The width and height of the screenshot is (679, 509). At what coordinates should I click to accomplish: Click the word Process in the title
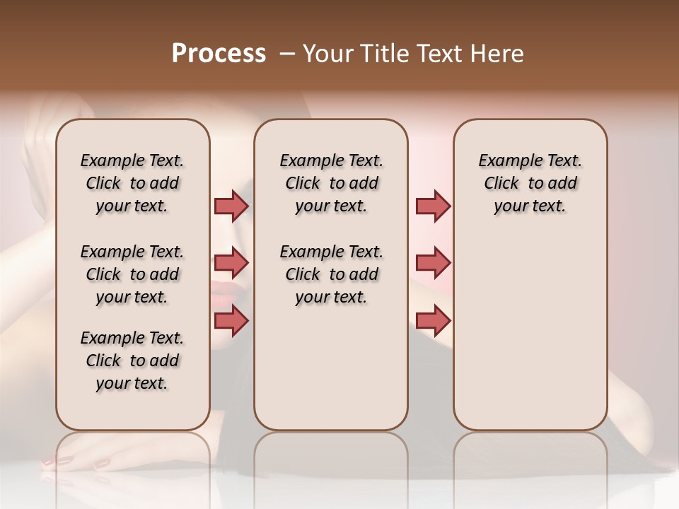coord(219,54)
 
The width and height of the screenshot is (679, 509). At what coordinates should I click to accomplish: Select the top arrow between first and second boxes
coord(231,206)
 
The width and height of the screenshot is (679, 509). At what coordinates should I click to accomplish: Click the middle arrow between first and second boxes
coord(231,263)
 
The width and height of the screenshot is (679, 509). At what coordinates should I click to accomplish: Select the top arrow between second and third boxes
coord(433,206)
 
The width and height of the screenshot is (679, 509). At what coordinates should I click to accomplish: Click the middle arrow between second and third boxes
coord(433,263)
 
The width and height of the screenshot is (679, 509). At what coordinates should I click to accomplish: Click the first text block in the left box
coord(132,183)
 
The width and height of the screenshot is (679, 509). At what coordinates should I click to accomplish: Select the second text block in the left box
coord(132,274)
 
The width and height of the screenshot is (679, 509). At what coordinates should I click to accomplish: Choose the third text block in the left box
coord(132,361)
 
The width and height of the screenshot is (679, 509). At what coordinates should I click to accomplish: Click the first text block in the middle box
coord(331,183)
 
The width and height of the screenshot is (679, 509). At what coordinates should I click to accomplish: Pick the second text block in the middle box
coord(331,274)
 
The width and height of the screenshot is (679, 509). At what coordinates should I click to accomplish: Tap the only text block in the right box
coord(530,183)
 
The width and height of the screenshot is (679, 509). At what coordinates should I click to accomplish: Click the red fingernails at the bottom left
coord(71,462)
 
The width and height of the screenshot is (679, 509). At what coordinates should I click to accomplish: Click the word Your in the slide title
coord(326,54)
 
